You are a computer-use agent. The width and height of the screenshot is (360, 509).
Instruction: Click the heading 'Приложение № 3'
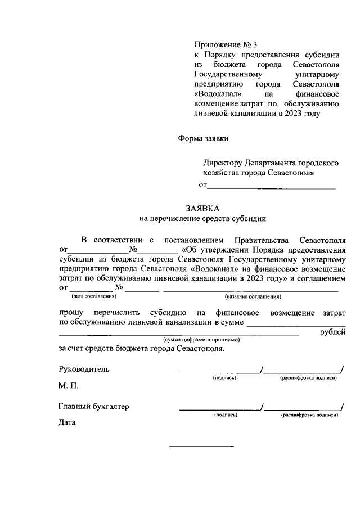[x=224, y=44]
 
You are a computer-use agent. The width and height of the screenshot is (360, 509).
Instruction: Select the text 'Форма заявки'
[x=204, y=137]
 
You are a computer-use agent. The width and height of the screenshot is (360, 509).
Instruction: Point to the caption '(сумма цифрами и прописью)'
[x=201, y=340]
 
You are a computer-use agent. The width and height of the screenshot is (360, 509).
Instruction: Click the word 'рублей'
[x=332, y=332]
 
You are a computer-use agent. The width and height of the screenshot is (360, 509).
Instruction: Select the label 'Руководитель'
[x=84, y=370]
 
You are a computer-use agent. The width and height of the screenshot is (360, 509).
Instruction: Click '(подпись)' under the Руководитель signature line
[x=224, y=378]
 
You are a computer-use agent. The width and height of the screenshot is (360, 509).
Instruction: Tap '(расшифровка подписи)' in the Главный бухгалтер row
[x=309, y=415]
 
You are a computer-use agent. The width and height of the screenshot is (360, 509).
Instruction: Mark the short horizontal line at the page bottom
[x=201, y=447]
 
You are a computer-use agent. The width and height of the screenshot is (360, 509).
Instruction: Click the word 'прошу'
[x=71, y=312]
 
